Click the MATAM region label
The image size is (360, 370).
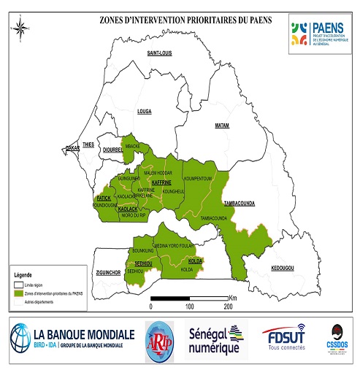(221, 126)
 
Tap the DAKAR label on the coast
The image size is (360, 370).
(72, 148)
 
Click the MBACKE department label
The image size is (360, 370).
(133, 146)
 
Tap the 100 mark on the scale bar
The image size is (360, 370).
(189, 307)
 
